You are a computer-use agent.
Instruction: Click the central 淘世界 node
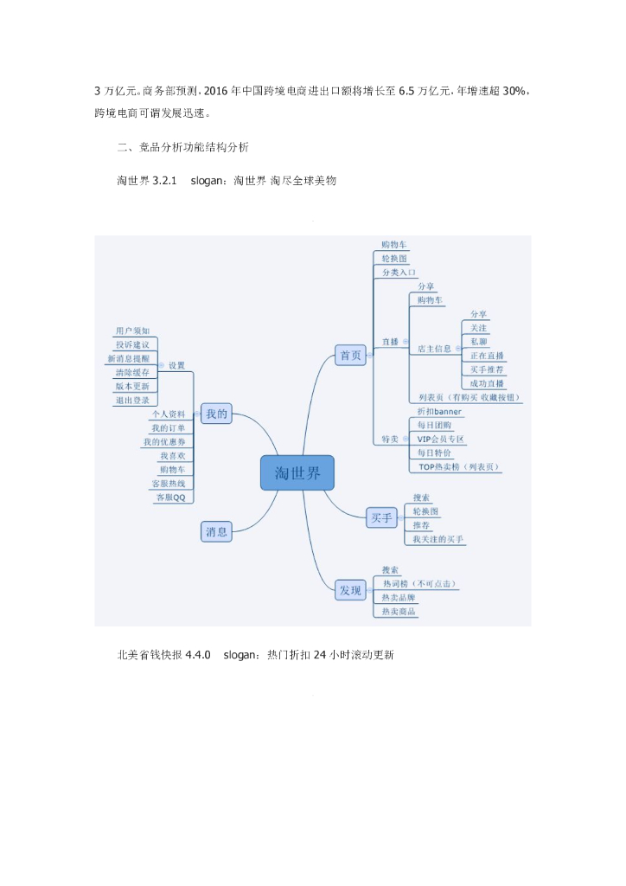[297, 473]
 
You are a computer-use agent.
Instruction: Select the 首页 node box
[350, 355]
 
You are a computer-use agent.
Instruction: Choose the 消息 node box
[216, 531]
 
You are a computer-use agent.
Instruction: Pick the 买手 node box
[380, 517]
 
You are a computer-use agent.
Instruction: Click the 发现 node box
[350, 590]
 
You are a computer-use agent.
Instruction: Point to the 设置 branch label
[177, 365]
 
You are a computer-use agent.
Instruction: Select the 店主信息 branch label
[434, 348]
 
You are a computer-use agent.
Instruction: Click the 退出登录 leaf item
[132, 401]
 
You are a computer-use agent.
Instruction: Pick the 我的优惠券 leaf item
[164, 442]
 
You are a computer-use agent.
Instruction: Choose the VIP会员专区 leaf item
[441, 440]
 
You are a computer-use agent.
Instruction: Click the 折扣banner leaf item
[439, 411]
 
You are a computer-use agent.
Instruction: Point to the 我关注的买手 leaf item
[438, 540]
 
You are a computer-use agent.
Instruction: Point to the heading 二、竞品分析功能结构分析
[182, 147]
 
